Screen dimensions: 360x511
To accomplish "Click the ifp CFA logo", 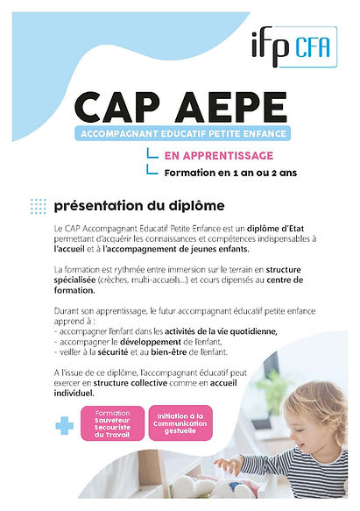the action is pos(299,43).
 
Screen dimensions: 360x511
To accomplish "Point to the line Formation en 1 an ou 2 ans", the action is pos(230,173).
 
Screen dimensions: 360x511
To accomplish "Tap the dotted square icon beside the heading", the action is pos(38,206).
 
